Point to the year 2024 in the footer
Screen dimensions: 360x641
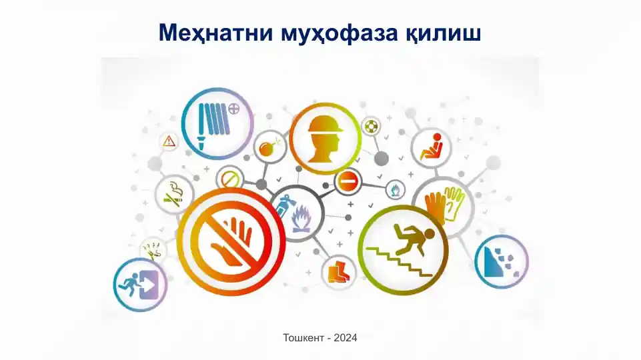click(x=344, y=338)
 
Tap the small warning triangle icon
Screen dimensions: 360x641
click(x=169, y=141)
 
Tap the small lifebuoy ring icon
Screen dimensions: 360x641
click(x=371, y=126)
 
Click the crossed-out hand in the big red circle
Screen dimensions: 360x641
click(x=231, y=240)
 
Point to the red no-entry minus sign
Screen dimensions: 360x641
click(x=348, y=181)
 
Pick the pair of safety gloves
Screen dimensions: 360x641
click(x=443, y=205)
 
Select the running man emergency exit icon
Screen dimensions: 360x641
click(x=139, y=285)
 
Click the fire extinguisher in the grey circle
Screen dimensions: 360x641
click(x=283, y=208)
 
